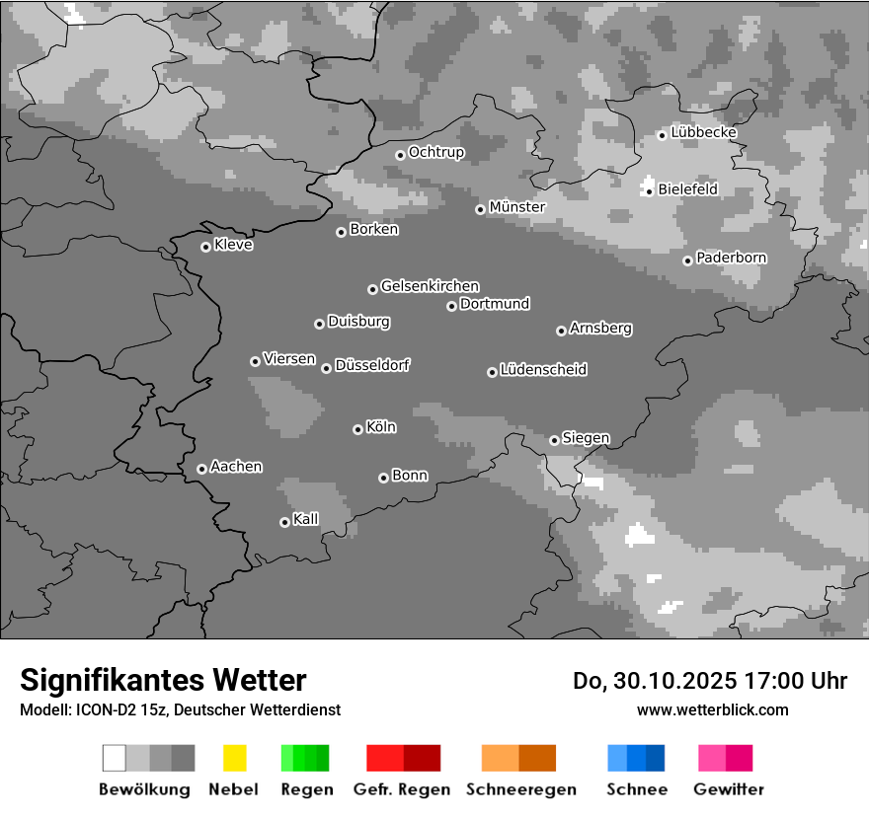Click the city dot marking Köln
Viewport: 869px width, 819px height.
tap(357, 429)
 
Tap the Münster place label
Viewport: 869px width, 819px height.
tap(517, 207)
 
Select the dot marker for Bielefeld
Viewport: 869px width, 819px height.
tap(649, 190)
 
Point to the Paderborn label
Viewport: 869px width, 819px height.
tap(731, 258)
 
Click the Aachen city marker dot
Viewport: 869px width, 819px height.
tap(201, 469)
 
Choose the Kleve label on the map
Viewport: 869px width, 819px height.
tap(233, 245)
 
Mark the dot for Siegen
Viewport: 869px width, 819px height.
tap(554, 440)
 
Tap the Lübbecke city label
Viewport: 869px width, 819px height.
tap(703, 132)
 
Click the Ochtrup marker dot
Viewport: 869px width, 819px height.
tap(400, 154)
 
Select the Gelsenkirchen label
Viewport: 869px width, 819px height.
tap(430, 286)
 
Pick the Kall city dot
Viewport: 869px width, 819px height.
tap(284, 522)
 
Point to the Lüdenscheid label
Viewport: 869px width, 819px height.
tap(543, 370)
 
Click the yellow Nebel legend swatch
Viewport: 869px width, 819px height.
tap(234, 758)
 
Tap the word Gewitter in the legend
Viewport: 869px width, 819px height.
tap(729, 789)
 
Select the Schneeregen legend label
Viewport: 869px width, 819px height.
tap(521, 789)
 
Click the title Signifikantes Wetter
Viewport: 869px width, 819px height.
tap(163, 680)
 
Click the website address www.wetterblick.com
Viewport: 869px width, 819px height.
tap(712, 709)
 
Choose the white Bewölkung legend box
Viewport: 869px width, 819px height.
tap(115, 758)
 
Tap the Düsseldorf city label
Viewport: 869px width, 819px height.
tap(372, 365)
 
